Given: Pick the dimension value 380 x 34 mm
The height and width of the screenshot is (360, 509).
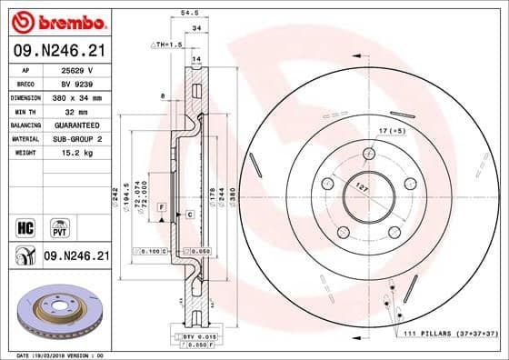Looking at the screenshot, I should coord(76,96).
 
